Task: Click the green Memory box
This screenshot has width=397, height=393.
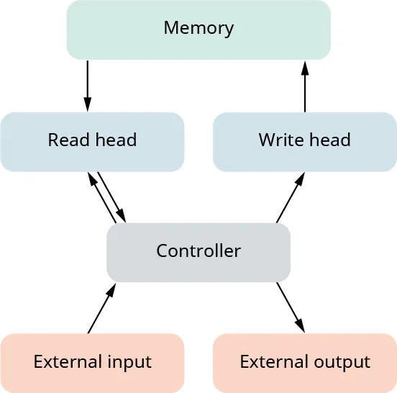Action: [198, 29]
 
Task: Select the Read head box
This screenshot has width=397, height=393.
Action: [92, 140]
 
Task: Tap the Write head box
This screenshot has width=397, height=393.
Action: [304, 140]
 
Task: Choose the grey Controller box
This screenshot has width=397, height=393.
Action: [198, 252]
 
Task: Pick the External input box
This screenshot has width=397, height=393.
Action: [92, 362]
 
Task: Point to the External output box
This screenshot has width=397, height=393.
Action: [305, 362]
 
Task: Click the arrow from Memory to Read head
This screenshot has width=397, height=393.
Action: [88, 85]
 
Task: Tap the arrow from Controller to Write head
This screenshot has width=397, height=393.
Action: [291, 197]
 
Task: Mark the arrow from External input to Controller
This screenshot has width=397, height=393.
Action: [101, 308]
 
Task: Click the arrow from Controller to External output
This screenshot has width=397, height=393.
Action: [291, 307]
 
